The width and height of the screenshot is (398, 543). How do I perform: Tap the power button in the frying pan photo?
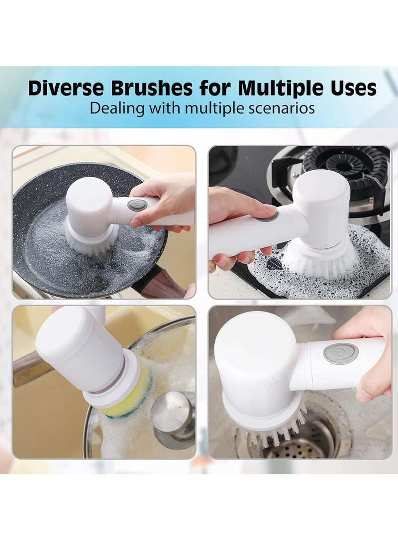tap(136, 205)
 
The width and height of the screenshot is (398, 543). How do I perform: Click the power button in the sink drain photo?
tap(340, 353)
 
